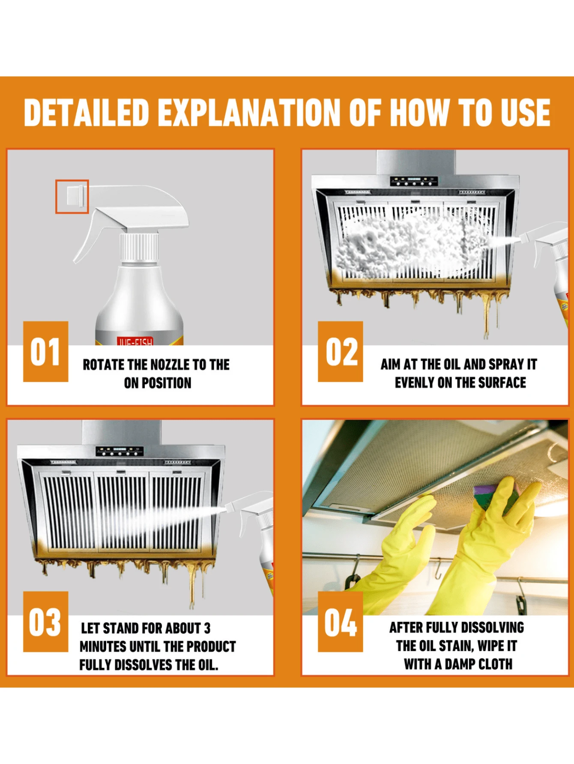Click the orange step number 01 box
click(45, 351)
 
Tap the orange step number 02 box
click(340, 351)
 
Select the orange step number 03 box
click(45, 621)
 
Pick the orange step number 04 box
click(340, 621)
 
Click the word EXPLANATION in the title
click(250, 113)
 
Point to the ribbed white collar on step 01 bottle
click(138, 247)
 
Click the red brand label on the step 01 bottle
click(135, 341)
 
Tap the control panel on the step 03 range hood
click(119, 451)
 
